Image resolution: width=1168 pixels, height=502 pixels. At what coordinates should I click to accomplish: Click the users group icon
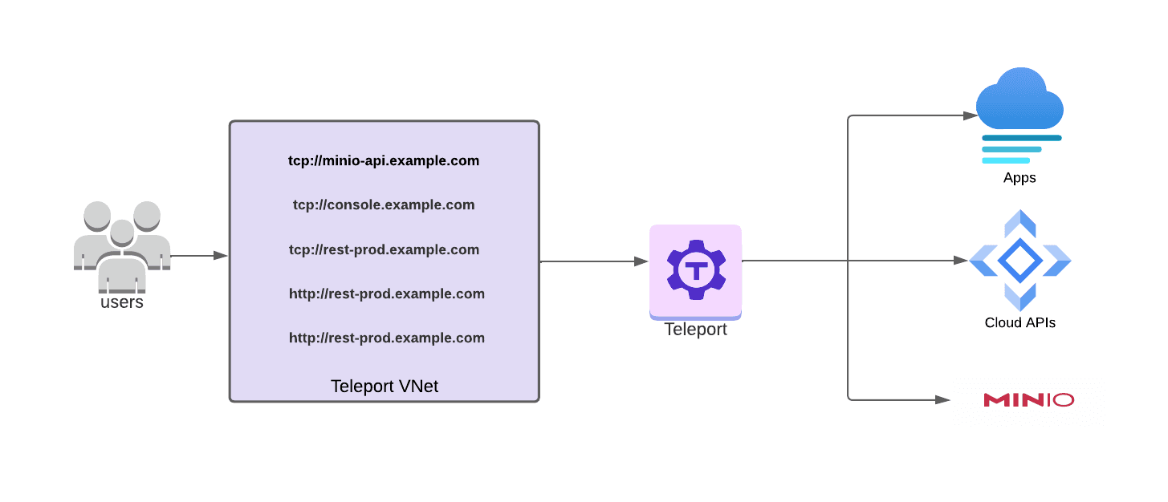click(x=121, y=245)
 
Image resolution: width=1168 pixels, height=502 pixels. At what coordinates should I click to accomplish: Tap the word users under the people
click(x=122, y=302)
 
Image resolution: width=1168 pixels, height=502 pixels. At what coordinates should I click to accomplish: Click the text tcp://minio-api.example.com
click(x=384, y=160)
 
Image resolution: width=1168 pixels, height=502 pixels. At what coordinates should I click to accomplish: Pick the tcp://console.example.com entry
click(x=384, y=204)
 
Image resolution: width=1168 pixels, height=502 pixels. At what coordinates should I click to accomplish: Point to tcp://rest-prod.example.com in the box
click(x=384, y=249)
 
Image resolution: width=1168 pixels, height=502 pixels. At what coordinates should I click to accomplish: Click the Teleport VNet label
click(x=385, y=387)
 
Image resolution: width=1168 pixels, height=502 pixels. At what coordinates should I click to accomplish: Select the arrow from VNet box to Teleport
click(x=594, y=261)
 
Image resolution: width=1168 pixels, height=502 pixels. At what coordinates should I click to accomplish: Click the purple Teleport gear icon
click(x=695, y=269)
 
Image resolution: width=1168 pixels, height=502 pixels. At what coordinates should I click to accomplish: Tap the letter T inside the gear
click(x=695, y=269)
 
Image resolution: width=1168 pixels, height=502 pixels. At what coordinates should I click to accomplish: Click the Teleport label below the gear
click(x=695, y=330)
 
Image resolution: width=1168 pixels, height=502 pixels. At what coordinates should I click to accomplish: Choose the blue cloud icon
click(x=1019, y=100)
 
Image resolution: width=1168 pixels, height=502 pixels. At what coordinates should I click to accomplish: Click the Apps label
click(x=1019, y=178)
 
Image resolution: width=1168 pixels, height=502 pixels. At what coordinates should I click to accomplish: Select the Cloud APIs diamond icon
click(x=1019, y=260)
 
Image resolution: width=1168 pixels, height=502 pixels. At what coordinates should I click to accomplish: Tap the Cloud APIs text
click(x=1019, y=323)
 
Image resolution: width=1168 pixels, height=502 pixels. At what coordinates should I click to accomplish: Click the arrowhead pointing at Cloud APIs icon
click(x=960, y=260)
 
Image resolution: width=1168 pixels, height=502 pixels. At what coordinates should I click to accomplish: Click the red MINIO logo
click(x=1028, y=399)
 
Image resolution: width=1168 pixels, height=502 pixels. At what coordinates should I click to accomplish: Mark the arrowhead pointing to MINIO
click(x=944, y=399)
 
